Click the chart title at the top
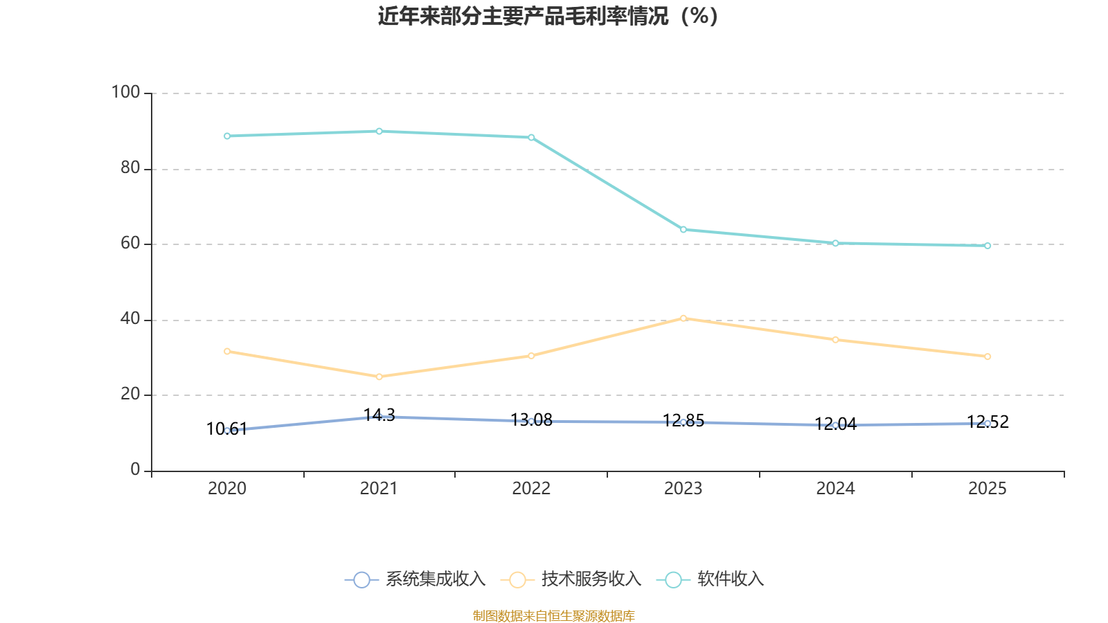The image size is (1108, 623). pos(548,16)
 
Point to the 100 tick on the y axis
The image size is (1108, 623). pos(125,92)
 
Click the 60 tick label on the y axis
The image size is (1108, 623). pos(130,244)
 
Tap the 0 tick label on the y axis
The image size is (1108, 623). pos(135,470)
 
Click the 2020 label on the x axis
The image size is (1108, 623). pos(227,489)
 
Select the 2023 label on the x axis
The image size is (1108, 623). pos(683,489)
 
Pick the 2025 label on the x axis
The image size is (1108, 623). pos(987,489)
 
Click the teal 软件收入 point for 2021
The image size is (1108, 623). pos(379,132)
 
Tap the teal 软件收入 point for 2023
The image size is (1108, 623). pos(683,230)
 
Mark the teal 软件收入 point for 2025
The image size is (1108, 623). pos(988,246)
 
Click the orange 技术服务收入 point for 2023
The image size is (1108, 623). pos(683,318)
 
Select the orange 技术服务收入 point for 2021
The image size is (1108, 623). pos(379,377)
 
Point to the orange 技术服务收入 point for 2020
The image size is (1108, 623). pos(227,352)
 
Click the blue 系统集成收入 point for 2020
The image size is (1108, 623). pos(227,431)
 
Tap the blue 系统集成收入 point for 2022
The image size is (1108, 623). pos(531,421)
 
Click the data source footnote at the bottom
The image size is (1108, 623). pos(553,615)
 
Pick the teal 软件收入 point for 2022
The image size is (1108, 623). pos(531,138)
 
